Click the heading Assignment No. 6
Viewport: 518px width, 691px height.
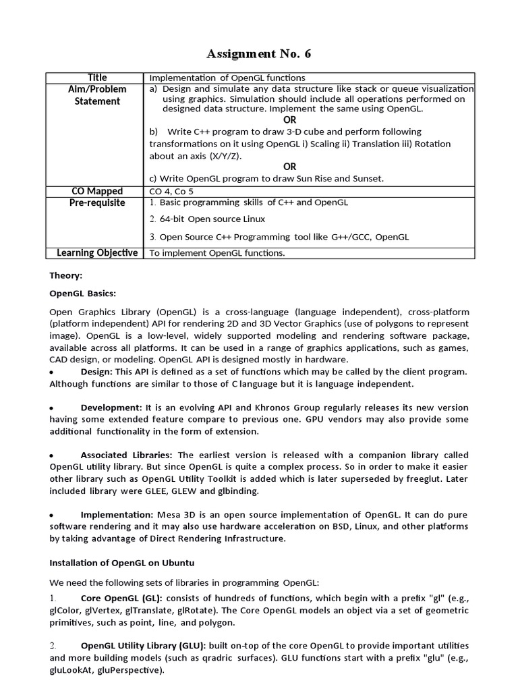(x=258, y=53)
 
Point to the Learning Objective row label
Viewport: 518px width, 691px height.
(x=97, y=252)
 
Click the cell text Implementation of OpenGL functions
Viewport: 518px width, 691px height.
(x=227, y=78)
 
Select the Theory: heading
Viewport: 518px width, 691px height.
(x=65, y=275)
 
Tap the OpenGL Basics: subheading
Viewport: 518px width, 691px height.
(x=82, y=294)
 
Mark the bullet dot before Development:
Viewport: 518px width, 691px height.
(x=52, y=408)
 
